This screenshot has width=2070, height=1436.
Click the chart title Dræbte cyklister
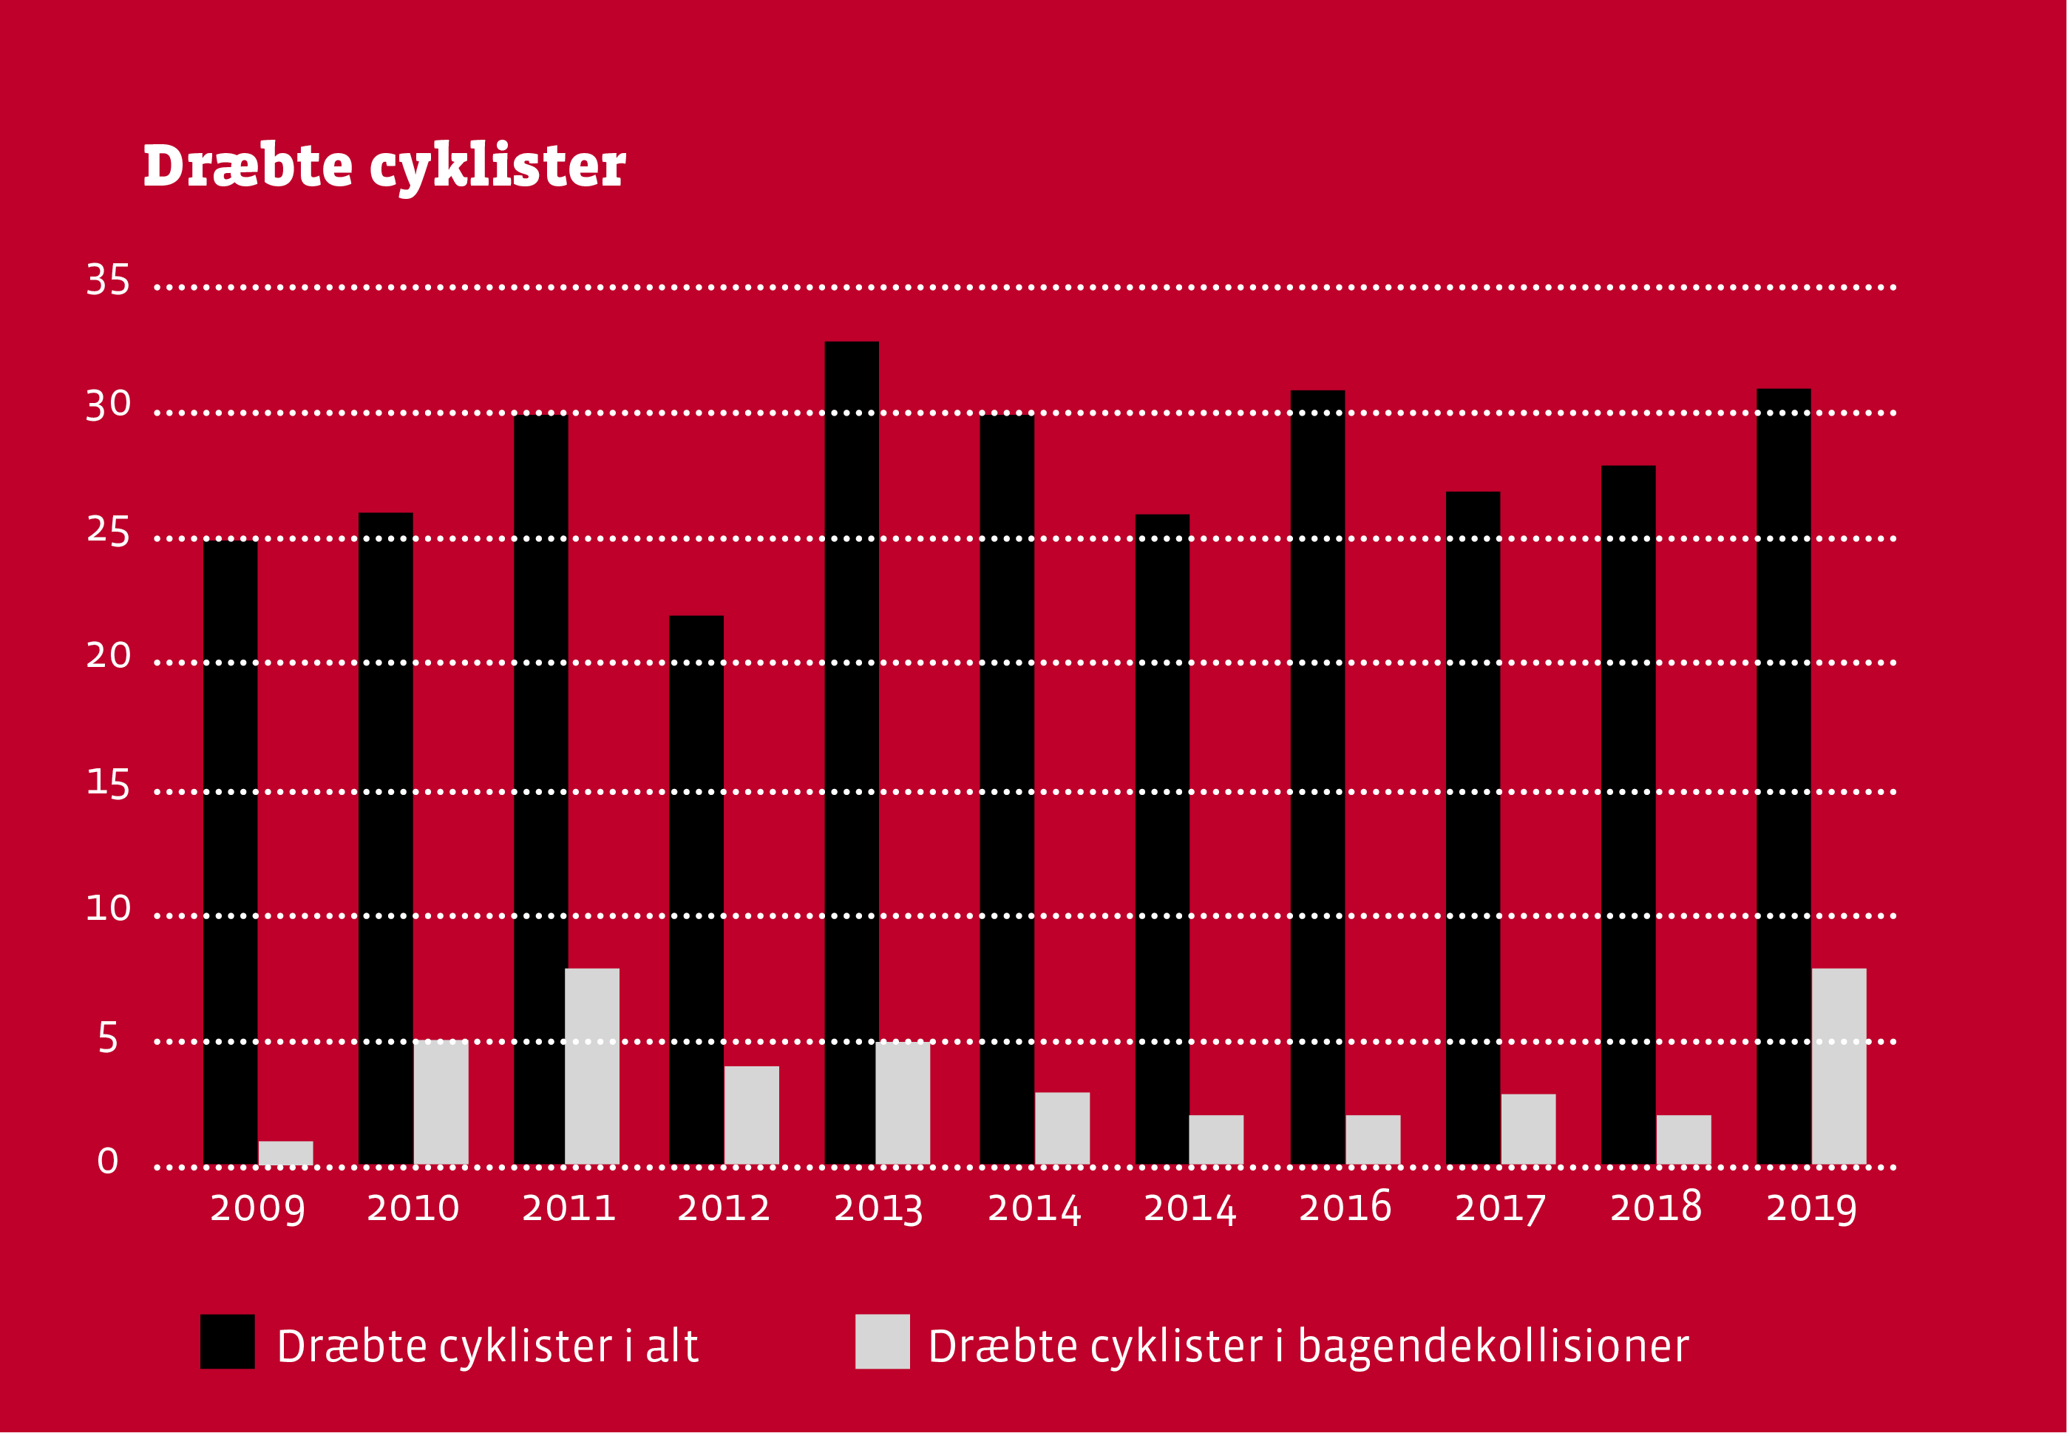click(384, 166)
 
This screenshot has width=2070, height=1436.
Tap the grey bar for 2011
click(592, 1067)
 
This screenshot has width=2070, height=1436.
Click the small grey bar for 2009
click(286, 1154)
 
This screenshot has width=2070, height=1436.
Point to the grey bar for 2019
click(1839, 1067)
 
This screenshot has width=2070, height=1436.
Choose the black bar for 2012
click(696, 891)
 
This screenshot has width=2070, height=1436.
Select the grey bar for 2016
click(1373, 1140)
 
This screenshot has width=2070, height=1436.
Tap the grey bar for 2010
click(441, 1103)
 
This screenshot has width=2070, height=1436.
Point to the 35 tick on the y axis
click(108, 281)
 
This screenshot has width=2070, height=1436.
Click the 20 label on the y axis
click(108, 657)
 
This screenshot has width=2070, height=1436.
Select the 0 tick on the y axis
click(108, 1162)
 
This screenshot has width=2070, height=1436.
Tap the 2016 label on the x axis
click(1345, 1208)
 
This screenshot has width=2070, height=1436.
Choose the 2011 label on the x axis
click(569, 1208)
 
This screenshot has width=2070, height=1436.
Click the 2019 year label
click(1811, 1208)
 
